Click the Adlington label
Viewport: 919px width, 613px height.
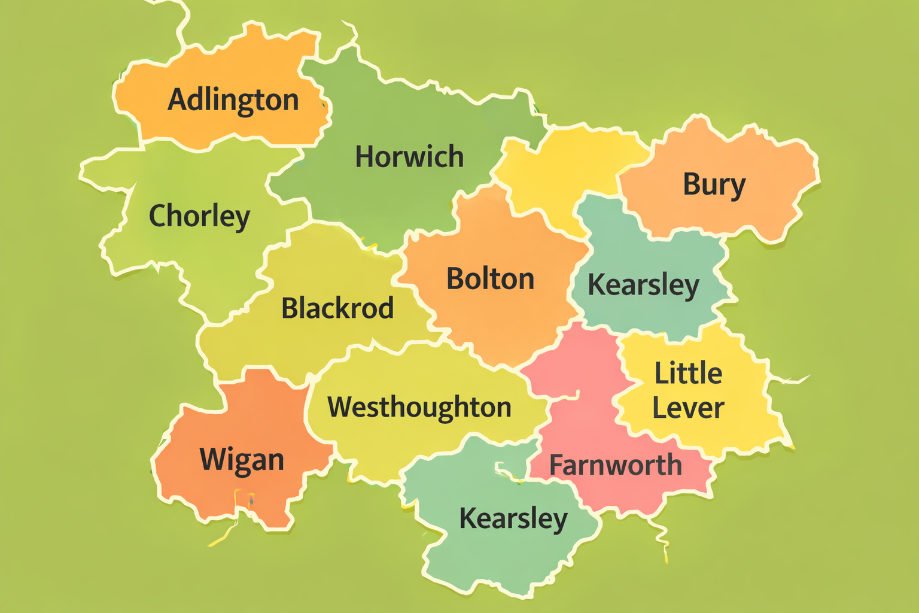point(233,100)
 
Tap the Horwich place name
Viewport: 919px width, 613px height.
point(409,157)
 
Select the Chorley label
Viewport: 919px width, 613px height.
point(199,216)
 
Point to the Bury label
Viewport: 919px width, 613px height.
point(714,185)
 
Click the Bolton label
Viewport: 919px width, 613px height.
point(490,279)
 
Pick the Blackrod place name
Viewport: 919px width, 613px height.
point(337,308)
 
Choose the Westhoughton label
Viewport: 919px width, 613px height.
point(419,407)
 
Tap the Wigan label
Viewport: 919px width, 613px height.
point(242,460)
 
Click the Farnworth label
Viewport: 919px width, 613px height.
point(615,465)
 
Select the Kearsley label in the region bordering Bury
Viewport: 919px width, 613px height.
point(643,285)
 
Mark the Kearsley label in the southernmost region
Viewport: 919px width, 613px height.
point(513,518)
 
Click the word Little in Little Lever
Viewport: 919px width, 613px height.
point(688,374)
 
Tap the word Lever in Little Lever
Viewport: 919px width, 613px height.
point(688,408)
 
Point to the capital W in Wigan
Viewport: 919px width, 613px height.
point(212,459)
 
